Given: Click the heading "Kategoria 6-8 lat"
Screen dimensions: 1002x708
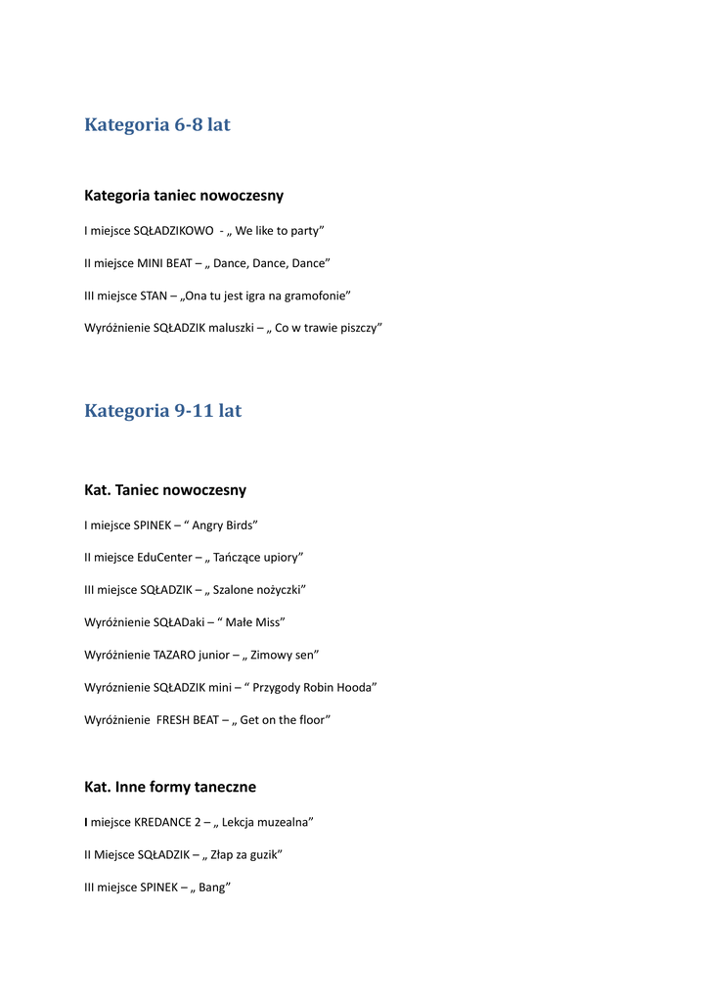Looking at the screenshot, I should point(157,125).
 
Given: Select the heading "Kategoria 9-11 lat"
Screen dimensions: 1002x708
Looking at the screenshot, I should point(162,411).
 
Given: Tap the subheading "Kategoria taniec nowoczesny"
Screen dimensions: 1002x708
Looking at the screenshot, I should point(184,196).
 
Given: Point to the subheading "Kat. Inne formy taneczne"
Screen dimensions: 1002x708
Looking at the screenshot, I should point(170,787).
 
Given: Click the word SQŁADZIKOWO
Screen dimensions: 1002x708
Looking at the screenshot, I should point(173,231).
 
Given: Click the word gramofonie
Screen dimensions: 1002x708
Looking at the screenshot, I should point(315,296).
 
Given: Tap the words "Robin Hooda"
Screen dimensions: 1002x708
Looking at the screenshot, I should point(334,688).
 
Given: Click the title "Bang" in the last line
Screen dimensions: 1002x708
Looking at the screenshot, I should point(211,888).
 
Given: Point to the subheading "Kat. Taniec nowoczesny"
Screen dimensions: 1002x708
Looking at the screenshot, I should point(165,490).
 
